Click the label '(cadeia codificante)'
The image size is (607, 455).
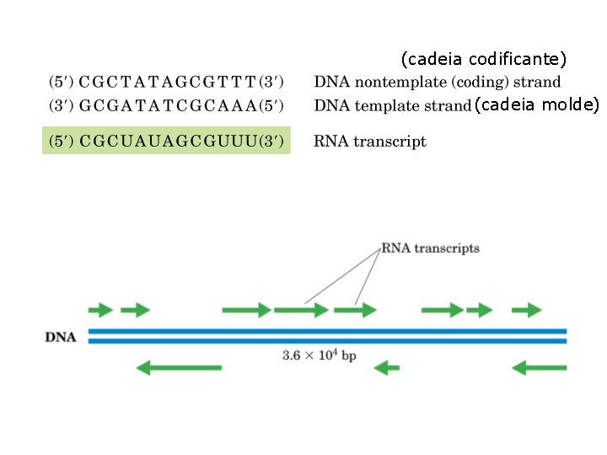coord(484,59)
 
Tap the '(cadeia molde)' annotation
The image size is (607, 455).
coord(537,104)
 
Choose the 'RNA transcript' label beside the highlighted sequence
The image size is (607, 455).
coord(370,141)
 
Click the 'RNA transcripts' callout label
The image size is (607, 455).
coord(431,248)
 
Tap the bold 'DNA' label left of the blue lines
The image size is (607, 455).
coord(60,338)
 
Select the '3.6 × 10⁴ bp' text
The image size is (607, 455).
coord(320,356)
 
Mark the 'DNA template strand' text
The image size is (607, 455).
coord(392,105)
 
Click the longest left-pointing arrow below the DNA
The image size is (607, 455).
coord(179,367)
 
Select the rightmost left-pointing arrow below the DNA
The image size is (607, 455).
coord(540,367)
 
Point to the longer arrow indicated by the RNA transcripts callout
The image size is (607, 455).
coord(301,310)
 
